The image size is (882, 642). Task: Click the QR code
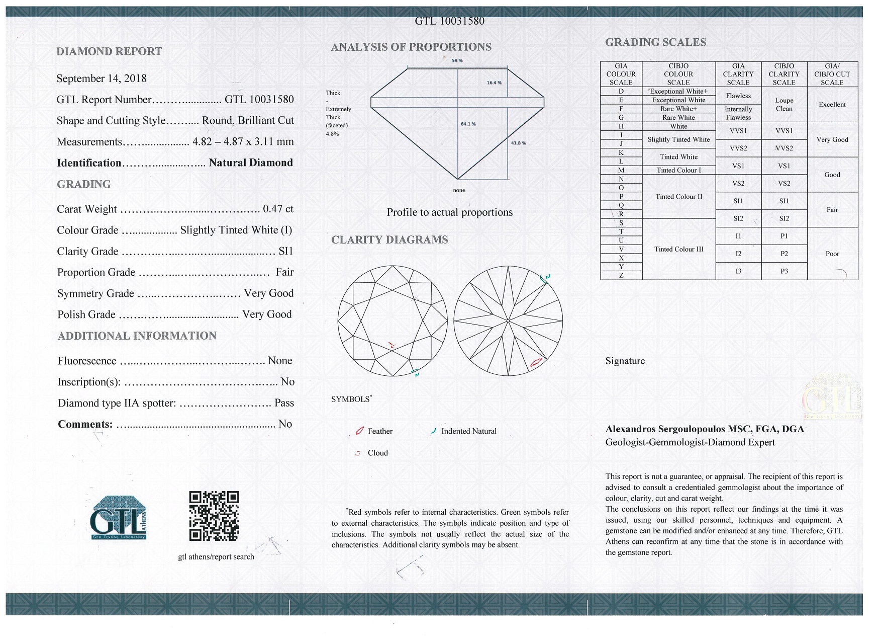tap(214, 516)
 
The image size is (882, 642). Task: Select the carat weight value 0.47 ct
tap(278, 209)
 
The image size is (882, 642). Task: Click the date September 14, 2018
tap(102, 78)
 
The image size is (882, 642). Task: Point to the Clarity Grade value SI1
tap(285, 251)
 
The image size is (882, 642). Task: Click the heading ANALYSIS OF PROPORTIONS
tap(411, 47)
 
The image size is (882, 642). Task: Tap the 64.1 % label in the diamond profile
tap(468, 124)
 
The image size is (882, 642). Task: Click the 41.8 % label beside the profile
tap(518, 143)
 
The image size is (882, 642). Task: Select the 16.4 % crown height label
tap(494, 83)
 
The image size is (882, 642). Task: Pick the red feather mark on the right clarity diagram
tap(536, 362)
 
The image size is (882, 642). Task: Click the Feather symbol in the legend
tap(359, 431)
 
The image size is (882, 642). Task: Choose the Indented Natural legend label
tap(468, 431)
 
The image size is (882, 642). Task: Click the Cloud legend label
tap(377, 453)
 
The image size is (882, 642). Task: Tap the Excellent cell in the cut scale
tap(832, 105)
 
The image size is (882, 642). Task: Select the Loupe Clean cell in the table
tap(783, 104)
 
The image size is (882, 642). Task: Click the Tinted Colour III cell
tap(678, 249)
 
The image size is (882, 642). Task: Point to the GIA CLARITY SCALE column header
tap(738, 74)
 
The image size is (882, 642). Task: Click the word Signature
tap(625, 361)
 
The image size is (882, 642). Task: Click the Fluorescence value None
tap(280, 361)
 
